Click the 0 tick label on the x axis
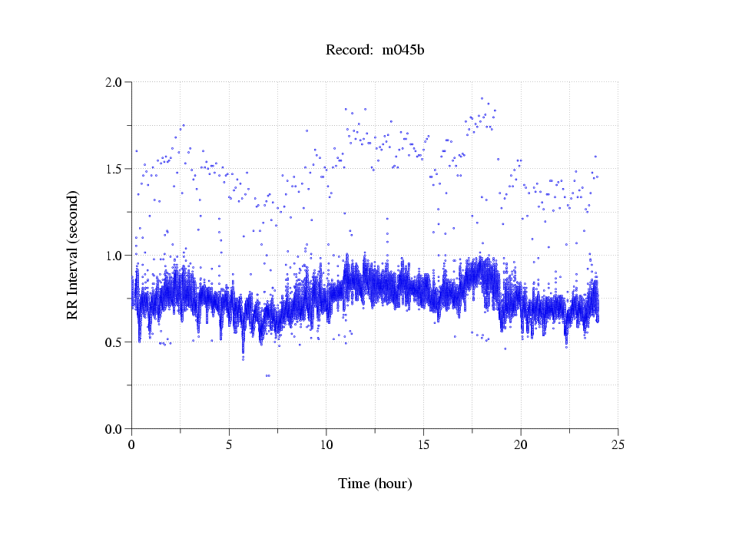tap(132, 444)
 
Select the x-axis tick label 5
tap(229, 444)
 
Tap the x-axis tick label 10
tap(326, 444)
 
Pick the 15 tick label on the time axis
tap(423, 444)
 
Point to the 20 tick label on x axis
tap(521, 444)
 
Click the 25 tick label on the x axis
tap(618, 444)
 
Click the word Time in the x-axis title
tap(354, 484)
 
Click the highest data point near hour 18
tap(482, 98)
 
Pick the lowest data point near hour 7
tap(267, 375)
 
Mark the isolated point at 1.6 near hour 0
tap(136, 150)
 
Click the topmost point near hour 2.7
tap(183, 125)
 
